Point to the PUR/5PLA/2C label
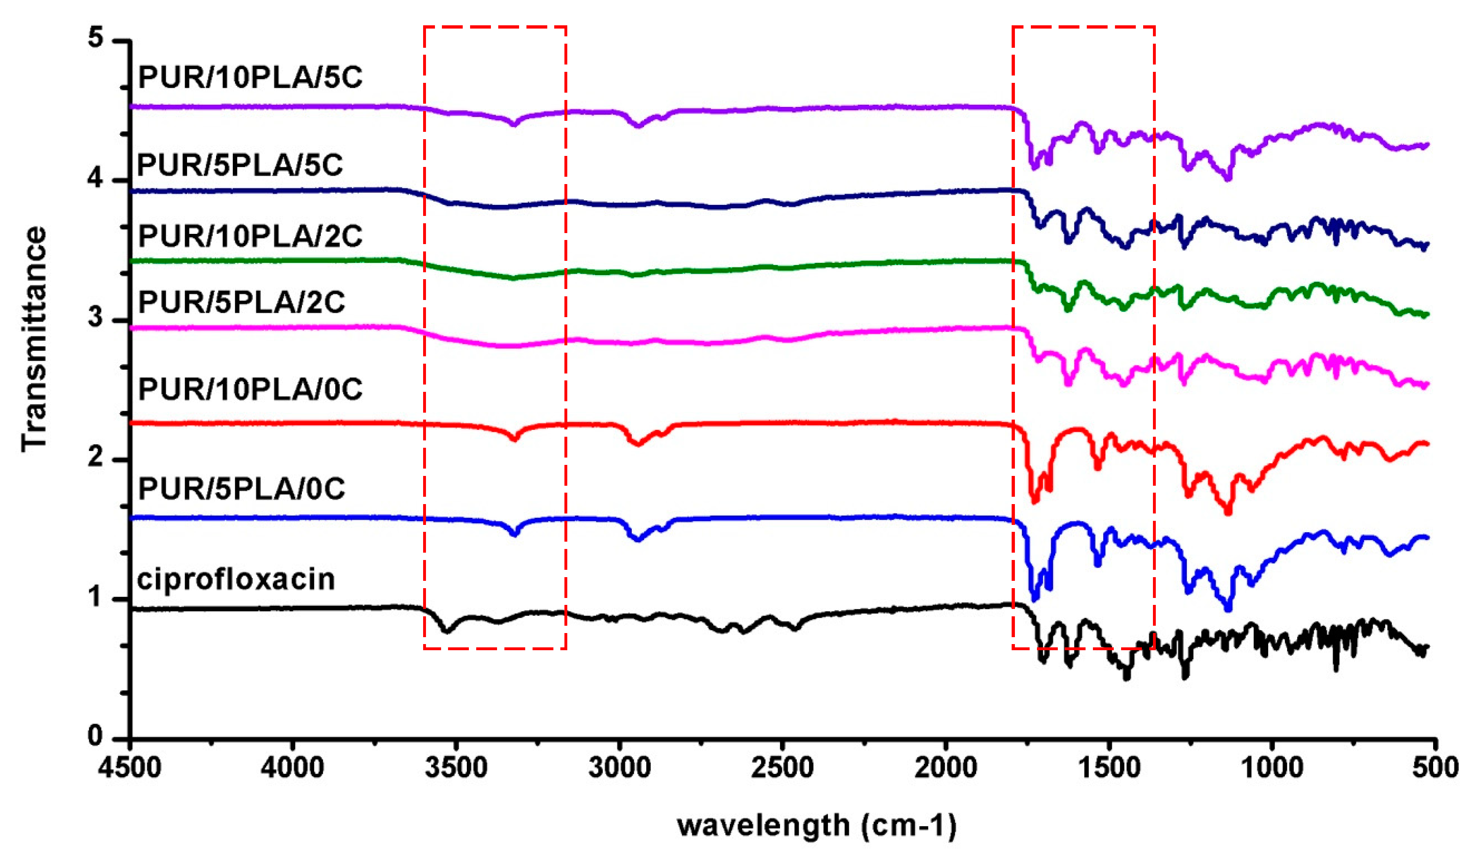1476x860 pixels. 241,302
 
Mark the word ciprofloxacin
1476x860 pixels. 236,580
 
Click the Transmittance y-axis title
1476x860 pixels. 34,340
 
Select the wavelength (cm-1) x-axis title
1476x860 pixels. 817,825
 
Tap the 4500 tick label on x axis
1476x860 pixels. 130,767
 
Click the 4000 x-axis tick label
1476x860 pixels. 293,767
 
